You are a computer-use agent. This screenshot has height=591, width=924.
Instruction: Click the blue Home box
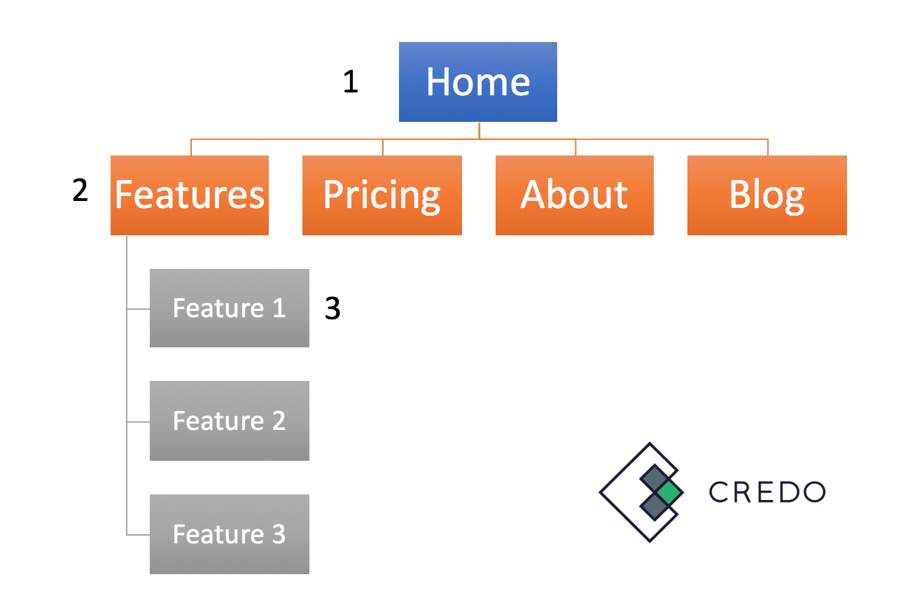(x=477, y=82)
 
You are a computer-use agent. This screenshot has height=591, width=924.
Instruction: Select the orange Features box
(x=190, y=195)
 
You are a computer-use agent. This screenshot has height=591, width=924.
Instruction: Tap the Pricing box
(x=382, y=195)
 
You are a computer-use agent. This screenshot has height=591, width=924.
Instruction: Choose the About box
(x=575, y=195)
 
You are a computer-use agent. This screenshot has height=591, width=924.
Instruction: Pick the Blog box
(x=766, y=195)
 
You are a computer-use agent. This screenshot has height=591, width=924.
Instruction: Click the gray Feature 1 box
(x=230, y=308)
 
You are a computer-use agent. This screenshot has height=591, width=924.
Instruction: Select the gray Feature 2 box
(x=230, y=421)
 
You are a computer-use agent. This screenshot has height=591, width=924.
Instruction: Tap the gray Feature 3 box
(x=230, y=534)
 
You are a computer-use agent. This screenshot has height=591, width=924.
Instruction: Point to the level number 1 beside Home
(x=351, y=81)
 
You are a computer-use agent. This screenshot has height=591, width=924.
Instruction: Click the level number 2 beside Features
(x=80, y=190)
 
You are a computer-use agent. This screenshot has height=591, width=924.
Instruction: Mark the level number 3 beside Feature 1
(x=332, y=308)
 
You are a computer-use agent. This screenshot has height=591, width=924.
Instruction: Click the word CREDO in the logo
(x=766, y=492)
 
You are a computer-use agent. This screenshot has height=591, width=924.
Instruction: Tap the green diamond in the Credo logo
(x=669, y=492)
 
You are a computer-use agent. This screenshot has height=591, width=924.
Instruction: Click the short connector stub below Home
(x=479, y=130)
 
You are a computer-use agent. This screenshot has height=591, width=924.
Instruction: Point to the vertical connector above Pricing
(x=383, y=147)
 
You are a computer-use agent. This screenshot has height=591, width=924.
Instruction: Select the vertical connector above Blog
(x=768, y=147)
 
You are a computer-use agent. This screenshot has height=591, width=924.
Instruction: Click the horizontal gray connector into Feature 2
(x=138, y=422)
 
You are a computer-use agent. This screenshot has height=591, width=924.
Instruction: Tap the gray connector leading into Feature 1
(x=138, y=309)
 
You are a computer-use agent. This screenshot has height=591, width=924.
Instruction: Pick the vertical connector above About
(x=575, y=147)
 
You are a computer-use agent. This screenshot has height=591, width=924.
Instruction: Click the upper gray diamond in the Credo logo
(x=654, y=479)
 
